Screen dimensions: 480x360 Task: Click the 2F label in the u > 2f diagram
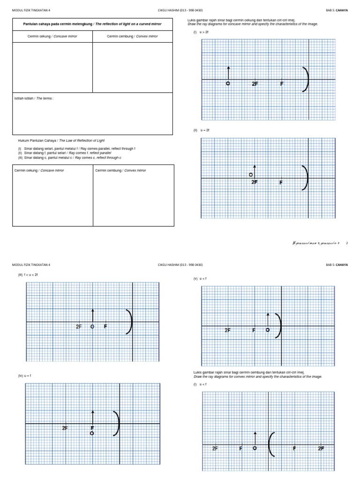(x=255, y=84)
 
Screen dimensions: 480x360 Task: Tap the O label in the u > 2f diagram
(x=228, y=84)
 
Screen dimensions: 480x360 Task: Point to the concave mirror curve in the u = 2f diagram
(x=306, y=179)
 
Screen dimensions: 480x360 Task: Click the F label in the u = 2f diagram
(x=281, y=182)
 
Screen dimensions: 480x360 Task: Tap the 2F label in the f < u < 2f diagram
(x=79, y=326)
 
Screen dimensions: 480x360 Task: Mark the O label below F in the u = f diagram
(x=92, y=434)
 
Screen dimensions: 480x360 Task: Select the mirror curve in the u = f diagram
(x=118, y=423)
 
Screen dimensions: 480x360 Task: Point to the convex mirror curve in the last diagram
(x=270, y=444)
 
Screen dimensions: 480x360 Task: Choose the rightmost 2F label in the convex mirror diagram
(x=321, y=449)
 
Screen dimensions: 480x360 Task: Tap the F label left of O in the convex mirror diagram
(x=240, y=449)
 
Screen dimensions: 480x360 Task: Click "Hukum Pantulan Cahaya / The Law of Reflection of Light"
(x=61, y=141)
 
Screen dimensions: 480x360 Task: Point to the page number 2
(x=347, y=243)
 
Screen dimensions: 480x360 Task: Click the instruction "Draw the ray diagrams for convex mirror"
(x=258, y=376)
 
